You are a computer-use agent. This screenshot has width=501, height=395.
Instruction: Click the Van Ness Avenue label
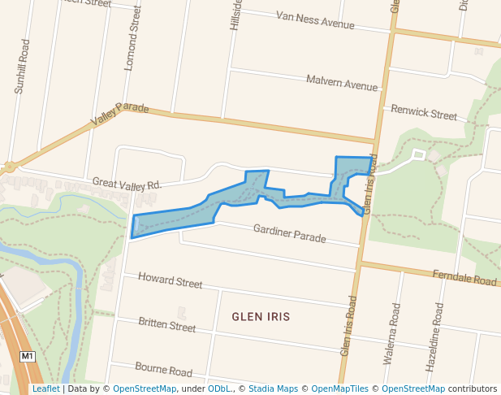tap(315, 20)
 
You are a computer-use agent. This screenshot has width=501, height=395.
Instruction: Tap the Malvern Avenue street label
tap(342, 82)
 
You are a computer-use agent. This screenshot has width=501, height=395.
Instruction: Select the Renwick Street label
tap(424, 112)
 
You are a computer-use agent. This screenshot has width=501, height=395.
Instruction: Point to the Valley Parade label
tap(119, 113)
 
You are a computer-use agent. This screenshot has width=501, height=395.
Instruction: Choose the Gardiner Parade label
tap(289, 233)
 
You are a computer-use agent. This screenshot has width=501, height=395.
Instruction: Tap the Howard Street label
tap(170, 281)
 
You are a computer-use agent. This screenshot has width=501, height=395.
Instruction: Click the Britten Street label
tap(166, 325)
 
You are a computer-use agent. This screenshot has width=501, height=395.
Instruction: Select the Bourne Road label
tap(164, 370)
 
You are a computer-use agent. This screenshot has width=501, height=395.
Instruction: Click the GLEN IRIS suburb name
tap(261, 315)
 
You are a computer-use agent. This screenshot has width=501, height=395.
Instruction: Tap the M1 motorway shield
tap(28, 356)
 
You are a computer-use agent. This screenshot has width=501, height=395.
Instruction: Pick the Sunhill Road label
tap(22, 66)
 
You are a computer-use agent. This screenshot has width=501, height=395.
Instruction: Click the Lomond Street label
tap(132, 39)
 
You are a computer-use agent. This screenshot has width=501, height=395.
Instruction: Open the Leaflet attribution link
tap(45, 388)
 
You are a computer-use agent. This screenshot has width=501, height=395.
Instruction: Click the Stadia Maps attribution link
tap(273, 388)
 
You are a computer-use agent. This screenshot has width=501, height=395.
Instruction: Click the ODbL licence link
tap(219, 388)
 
